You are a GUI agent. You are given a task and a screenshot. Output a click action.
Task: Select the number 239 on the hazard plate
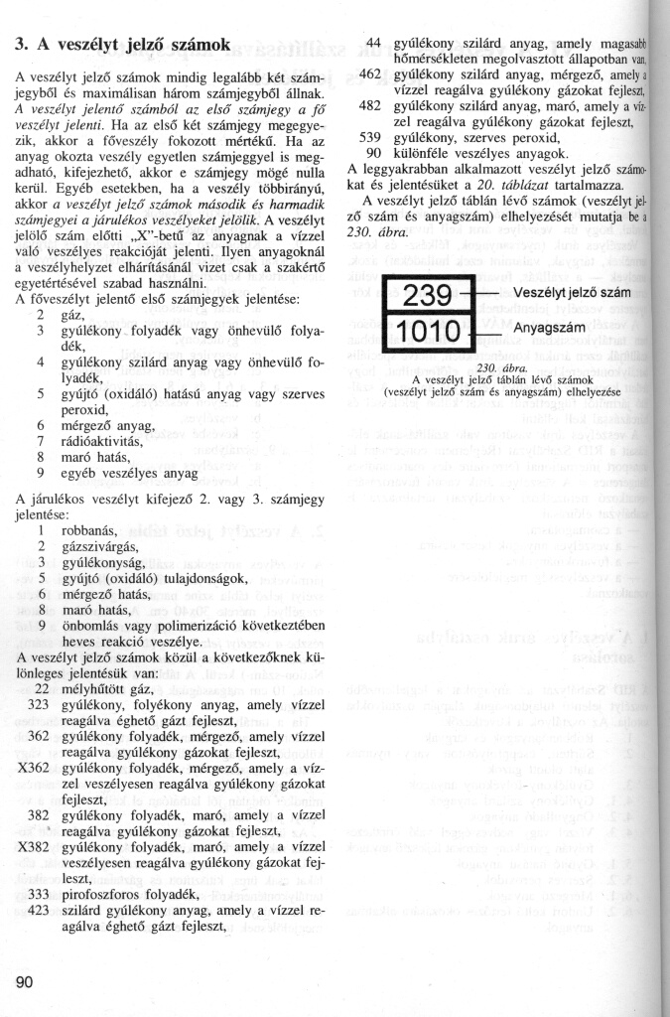click(x=428, y=297)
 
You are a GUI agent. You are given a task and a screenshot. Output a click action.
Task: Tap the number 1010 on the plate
click(x=428, y=330)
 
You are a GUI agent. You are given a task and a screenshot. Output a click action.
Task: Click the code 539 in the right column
click(x=370, y=136)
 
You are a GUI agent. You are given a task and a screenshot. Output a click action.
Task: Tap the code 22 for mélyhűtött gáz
click(x=43, y=687)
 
